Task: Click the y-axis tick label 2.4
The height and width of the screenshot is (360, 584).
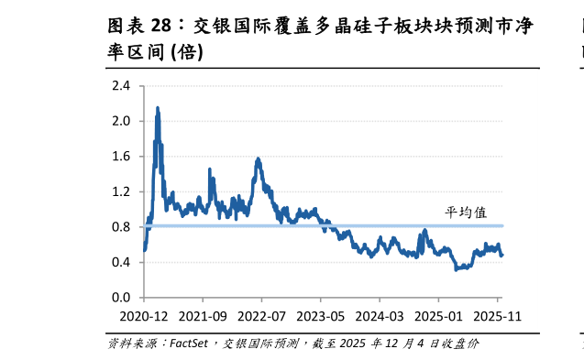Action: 121,86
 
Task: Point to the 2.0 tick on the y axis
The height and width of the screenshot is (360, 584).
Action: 121,121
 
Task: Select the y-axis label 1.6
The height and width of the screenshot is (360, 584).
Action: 121,157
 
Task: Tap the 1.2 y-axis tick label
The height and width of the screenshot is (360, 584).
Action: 121,191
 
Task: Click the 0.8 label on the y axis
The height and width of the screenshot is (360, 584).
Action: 121,227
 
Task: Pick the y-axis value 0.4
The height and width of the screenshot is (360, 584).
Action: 121,262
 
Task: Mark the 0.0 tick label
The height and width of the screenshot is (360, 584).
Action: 121,298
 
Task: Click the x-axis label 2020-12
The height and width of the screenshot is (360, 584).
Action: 144,316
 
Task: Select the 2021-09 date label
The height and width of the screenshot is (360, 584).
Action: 203,316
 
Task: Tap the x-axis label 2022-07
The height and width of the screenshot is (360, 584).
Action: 261,316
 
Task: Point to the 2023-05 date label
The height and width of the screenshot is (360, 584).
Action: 320,316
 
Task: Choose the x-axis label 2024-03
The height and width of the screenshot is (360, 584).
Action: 380,316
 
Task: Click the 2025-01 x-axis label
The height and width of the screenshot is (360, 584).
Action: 438,316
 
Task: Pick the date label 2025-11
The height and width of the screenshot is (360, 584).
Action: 497,316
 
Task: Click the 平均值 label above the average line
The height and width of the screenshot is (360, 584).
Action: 466,213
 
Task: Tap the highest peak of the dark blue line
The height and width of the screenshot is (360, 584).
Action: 158,108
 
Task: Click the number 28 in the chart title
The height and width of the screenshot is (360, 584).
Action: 161,26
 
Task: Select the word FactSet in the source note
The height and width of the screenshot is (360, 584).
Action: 189,344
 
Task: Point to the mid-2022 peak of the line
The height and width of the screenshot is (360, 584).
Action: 258,159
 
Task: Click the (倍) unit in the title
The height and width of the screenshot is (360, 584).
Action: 187,52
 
